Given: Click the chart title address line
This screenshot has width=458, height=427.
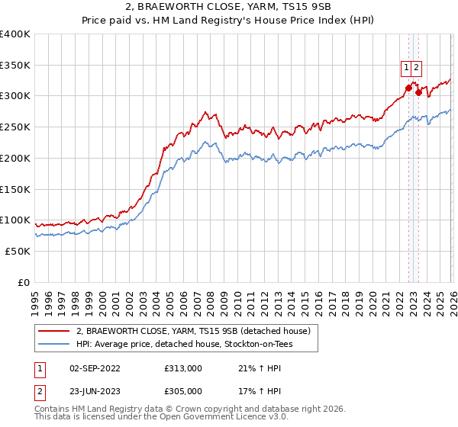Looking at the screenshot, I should (228, 8).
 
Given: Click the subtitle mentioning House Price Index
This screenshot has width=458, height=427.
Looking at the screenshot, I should (228, 21).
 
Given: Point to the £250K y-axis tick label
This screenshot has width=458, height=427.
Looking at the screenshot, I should (15, 127).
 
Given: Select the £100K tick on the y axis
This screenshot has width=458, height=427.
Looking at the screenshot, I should (15, 220).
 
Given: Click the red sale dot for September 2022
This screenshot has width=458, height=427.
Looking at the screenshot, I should (408, 88).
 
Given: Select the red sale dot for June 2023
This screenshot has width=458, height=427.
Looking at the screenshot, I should (419, 93).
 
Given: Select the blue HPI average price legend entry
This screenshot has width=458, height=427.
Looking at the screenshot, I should (184, 345).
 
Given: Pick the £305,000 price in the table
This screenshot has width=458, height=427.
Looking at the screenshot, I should (183, 391).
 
